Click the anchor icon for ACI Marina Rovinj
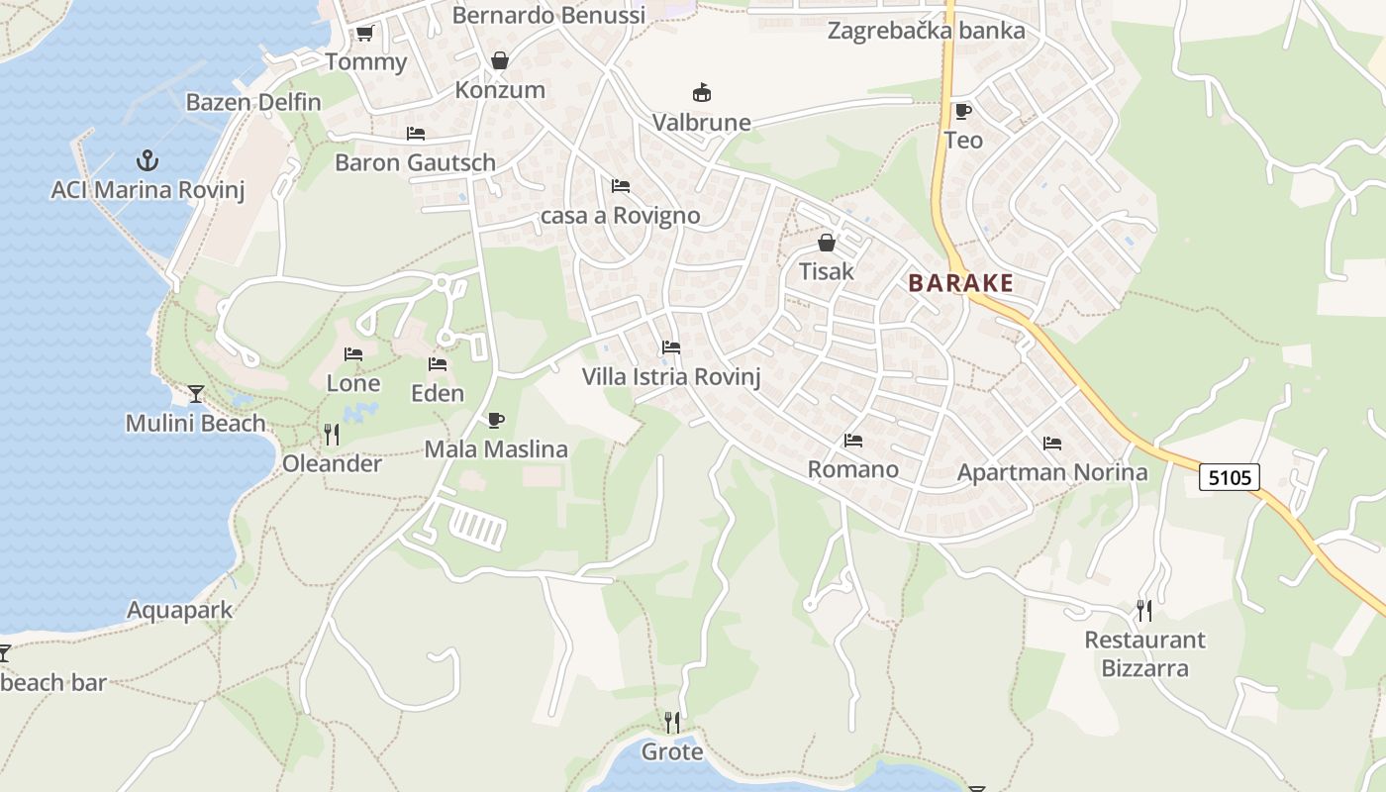[x=147, y=159]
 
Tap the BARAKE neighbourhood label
[x=960, y=283]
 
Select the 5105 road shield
[x=1230, y=477]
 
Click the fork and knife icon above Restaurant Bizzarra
[x=1144, y=610]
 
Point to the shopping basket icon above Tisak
[x=827, y=243]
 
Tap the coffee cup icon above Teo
[x=962, y=111]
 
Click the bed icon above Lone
[x=353, y=354]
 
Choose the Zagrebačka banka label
[x=926, y=31]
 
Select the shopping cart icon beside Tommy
[x=364, y=34]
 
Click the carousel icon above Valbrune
[x=702, y=94]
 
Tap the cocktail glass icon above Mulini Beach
[x=196, y=394]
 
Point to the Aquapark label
[x=180, y=610]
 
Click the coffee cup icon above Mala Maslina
[x=496, y=421]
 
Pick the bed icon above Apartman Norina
[x=1051, y=444]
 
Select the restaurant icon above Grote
[x=672, y=723]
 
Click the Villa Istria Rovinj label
[x=671, y=377]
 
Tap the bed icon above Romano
[x=853, y=441]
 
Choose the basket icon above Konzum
[x=500, y=61]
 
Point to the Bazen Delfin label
[x=253, y=102]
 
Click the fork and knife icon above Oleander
[x=332, y=435]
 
